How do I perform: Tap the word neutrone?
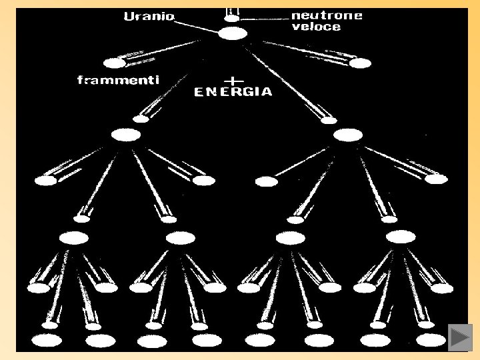click(327, 15)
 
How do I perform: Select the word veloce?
click(316, 27)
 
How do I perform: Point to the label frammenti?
click(118, 81)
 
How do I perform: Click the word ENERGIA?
click(233, 93)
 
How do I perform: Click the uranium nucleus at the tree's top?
click(233, 33)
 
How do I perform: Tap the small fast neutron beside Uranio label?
click(231, 19)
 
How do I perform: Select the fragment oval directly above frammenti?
click(115, 64)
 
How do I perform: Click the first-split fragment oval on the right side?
click(359, 64)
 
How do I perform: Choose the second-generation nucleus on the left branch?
click(126, 135)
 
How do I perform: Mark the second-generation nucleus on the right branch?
click(348, 135)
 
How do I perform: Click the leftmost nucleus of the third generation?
click(73, 238)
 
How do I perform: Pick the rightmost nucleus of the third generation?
click(400, 237)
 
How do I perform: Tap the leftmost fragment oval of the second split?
click(47, 180)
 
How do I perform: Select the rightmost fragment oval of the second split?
click(436, 179)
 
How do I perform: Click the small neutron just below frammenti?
click(140, 119)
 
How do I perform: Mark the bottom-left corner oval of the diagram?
click(47, 341)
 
